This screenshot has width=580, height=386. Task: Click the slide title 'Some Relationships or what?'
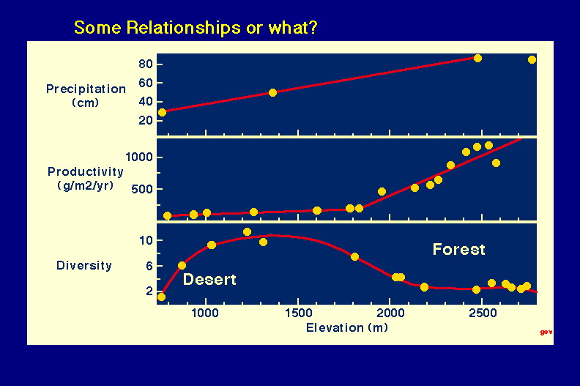click(x=196, y=28)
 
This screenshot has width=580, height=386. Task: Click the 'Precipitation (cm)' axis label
click(x=86, y=95)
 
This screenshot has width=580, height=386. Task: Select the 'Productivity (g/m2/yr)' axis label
click(x=86, y=179)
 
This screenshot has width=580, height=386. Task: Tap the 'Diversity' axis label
click(x=84, y=265)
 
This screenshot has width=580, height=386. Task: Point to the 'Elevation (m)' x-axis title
click(x=347, y=327)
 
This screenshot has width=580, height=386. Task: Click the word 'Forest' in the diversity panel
click(x=458, y=250)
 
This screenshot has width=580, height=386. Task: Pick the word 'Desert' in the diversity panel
click(x=209, y=279)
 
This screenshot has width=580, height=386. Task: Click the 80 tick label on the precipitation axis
click(x=146, y=64)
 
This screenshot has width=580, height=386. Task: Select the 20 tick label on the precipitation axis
click(x=146, y=120)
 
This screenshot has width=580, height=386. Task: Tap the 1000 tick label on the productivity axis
click(x=139, y=157)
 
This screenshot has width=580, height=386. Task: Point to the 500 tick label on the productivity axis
click(x=142, y=189)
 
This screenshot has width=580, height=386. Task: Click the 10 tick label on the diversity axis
click(x=146, y=240)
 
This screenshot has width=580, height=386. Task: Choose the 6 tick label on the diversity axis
click(x=149, y=266)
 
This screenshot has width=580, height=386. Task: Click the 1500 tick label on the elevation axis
click(x=299, y=313)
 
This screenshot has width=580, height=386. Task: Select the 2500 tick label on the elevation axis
click(x=483, y=313)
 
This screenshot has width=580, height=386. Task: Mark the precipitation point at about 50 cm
click(x=272, y=92)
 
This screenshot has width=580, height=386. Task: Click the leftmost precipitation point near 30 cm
click(x=162, y=112)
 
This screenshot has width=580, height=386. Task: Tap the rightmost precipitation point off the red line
click(x=532, y=59)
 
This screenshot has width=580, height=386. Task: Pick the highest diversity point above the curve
click(x=247, y=232)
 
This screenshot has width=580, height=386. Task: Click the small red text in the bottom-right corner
click(x=546, y=332)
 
